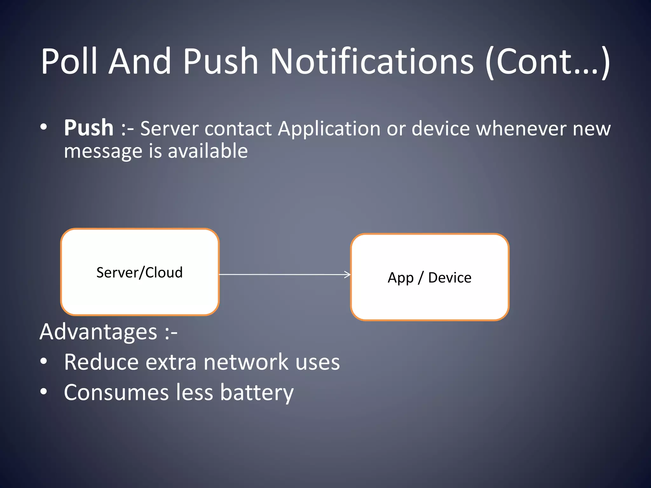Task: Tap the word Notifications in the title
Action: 372,61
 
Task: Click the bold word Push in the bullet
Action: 89,128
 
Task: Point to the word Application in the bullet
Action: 329,129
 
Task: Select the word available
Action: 208,151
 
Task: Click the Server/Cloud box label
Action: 140,273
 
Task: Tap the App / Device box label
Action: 429,278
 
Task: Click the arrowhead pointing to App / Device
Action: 348,274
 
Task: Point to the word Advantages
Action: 98,332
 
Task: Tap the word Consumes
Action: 116,393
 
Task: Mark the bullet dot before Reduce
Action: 44,361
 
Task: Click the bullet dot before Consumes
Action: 44,392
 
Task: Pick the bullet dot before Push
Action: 44,127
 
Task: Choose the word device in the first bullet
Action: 441,129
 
